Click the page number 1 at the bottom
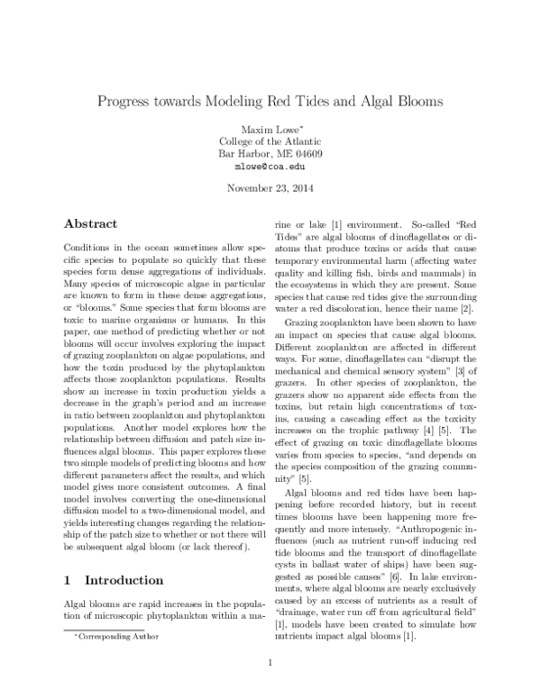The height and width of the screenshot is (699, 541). pos(270,665)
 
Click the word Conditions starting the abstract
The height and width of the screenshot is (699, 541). pos(88,247)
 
